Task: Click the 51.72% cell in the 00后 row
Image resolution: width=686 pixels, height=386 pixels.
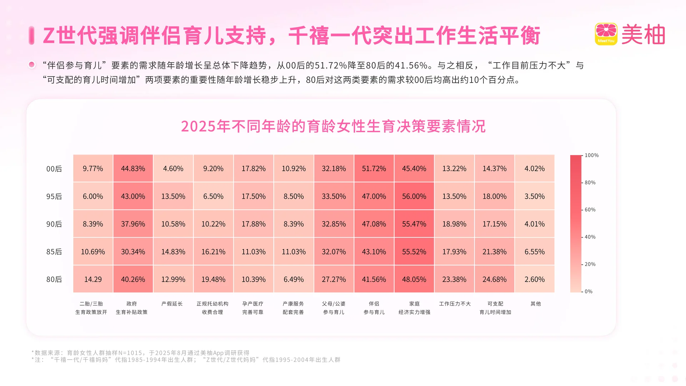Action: pos(374,168)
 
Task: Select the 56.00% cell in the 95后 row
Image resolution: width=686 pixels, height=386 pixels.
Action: pos(414,196)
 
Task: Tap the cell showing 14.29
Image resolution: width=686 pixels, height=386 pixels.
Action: pos(93,279)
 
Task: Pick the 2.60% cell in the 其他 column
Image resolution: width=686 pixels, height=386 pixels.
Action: pos(535,279)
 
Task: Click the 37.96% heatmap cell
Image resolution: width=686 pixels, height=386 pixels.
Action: pos(133,224)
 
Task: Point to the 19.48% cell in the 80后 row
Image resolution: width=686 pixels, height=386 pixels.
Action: pos(213,279)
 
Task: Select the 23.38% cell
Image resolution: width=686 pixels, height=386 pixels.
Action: pos(454,279)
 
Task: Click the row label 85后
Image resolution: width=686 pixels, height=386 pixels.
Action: pos(54,252)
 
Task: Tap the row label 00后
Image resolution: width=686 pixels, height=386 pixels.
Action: pos(54,169)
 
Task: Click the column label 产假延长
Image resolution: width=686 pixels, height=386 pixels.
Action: pos(172,304)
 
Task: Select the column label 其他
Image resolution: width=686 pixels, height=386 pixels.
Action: pos(536,304)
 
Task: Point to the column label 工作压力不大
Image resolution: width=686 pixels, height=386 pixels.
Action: pos(455,304)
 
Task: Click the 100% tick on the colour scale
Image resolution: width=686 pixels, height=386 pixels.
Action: pos(591,155)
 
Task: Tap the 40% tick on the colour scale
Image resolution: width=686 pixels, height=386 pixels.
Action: pos(590,237)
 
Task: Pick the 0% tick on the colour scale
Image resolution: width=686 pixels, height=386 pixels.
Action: pos(588,292)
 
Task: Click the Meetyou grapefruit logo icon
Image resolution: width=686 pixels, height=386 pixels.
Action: pos(606,34)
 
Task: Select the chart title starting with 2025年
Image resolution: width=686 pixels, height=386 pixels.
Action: pos(333,126)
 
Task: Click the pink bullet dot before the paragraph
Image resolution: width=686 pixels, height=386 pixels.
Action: pos(32,65)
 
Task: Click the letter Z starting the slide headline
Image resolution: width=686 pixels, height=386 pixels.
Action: pos(49,36)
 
